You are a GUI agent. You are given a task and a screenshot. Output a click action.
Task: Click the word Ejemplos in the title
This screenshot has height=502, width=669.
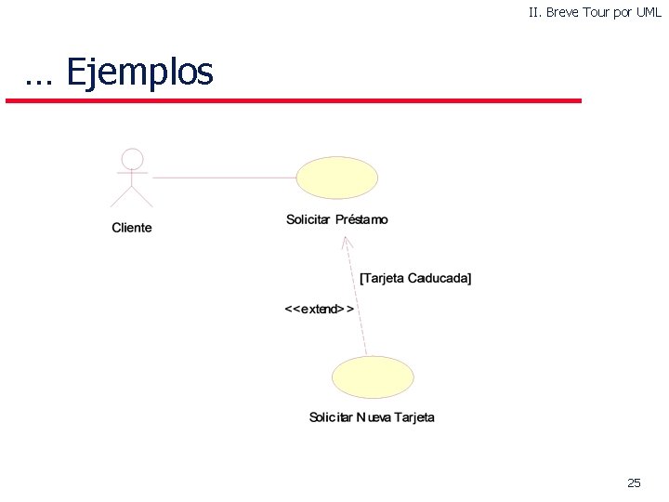139,72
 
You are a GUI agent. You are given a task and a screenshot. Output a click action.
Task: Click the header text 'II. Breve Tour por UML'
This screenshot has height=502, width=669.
595,12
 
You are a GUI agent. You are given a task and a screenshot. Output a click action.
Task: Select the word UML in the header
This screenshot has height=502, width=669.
649,12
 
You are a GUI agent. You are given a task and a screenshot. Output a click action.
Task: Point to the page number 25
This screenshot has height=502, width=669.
634,482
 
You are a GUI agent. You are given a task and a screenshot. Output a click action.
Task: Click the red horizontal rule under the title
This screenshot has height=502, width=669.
293,100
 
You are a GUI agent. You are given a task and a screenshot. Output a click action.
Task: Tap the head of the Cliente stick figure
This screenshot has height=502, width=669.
133,158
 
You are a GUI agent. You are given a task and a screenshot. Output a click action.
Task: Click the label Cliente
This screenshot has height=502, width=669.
132,228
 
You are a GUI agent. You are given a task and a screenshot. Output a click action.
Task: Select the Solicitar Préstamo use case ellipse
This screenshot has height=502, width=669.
336,177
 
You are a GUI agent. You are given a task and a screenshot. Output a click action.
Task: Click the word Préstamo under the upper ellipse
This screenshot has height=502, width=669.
361,219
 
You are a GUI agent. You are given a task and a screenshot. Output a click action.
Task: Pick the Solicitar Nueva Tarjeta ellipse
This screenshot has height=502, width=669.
373,376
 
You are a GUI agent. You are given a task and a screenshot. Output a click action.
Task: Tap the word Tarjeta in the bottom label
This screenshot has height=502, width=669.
414,417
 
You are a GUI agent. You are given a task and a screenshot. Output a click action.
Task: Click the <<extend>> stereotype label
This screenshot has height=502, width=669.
319,309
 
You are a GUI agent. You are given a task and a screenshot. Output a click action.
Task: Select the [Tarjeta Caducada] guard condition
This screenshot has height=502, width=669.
415,278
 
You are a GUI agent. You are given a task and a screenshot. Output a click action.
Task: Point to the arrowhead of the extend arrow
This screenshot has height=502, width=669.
344,241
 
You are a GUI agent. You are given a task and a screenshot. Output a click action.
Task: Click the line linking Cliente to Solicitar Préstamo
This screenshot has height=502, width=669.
223,176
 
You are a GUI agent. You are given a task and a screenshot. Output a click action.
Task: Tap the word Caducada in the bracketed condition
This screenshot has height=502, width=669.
439,278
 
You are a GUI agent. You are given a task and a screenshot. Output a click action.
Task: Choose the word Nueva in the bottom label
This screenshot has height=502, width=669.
374,417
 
